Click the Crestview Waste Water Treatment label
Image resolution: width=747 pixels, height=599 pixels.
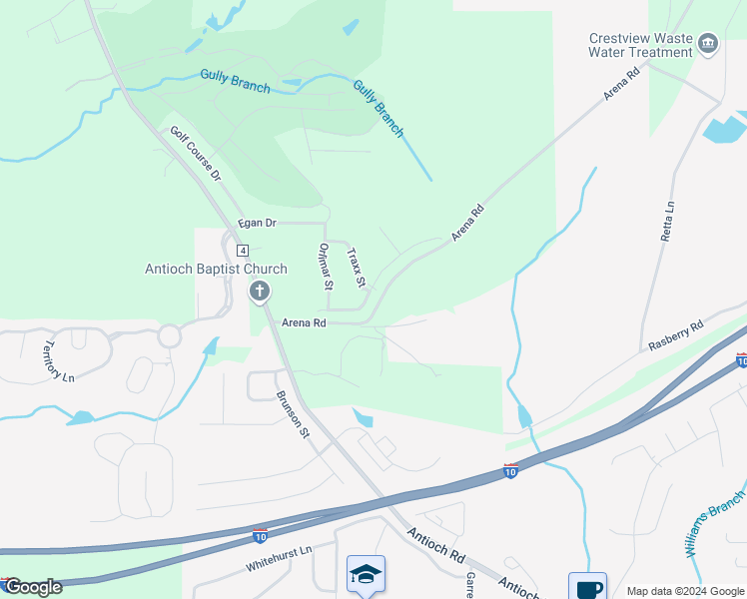click(x=640, y=44)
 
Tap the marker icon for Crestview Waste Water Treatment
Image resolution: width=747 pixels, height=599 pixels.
click(x=708, y=43)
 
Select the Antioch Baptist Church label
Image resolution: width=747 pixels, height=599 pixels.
click(x=216, y=269)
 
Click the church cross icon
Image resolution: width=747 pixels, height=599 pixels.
click(x=259, y=292)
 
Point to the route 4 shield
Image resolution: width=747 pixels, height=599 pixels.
click(x=243, y=249)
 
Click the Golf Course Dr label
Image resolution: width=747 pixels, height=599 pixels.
click(x=194, y=154)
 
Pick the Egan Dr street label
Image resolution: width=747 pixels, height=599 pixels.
click(x=256, y=224)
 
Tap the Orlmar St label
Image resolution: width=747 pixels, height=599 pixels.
click(x=325, y=266)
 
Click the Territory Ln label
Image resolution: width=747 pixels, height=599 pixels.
click(x=58, y=361)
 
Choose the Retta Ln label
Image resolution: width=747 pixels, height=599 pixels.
click(x=667, y=222)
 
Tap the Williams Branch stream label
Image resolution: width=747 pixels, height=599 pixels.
click(x=715, y=515)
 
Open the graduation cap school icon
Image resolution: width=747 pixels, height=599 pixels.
click(x=366, y=574)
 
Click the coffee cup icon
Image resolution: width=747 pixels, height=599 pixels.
click(x=587, y=588)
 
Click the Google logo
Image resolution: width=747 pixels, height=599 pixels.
click(x=32, y=587)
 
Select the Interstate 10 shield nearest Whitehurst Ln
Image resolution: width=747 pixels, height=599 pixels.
click(x=260, y=535)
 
